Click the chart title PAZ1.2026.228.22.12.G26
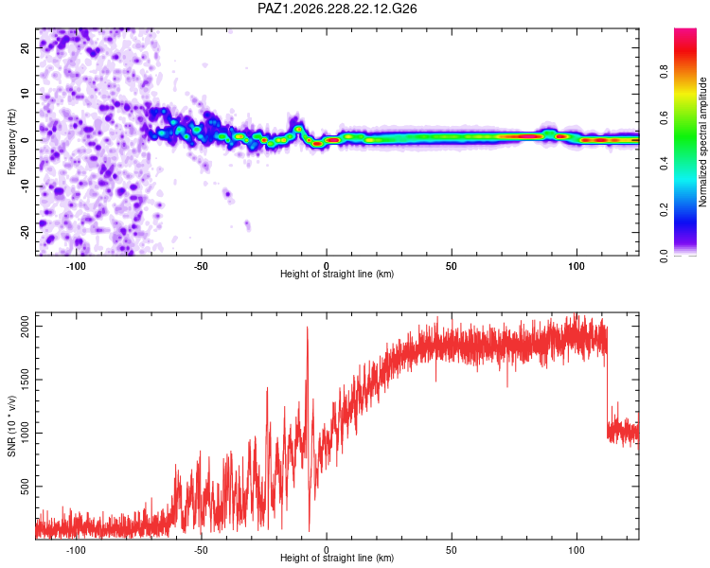pyautogui.click(x=337, y=9)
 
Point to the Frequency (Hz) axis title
pyautogui.click(x=11, y=142)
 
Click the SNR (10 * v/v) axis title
pyautogui.click(x=11, y=426)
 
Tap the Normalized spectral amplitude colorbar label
pyautogui.click(x=702, y=142)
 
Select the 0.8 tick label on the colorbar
pyautogui.click(x=664, y=71)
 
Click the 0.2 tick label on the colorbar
pyautogui.click(x=664, y=210)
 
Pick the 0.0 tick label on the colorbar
pyautogui.click(x=664, y=256)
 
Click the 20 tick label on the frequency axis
pyautogui.click(x=25, y=48)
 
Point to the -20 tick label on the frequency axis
pyautogui.click(x=25, y=232)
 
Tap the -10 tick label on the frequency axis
pyautogui.click(x=25, y=186)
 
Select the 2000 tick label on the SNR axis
pyautogui.click(x=25, y=326)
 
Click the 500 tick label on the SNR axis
pyautogui.click(x=25, y=487)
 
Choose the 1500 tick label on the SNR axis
pyautogui.click(x=25, y=380)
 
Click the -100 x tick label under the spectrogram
pyautogui.click(x=76, y=266)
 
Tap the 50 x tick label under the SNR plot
pyautogui.click(x=452, y=550)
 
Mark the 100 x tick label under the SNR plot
pyautogui.click(x=577, y=550)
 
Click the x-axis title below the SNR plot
pyautogui.click(x=337, y=558)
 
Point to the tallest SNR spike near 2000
pyautogui.click(x=308, y=327)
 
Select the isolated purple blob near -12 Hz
pyautogui.click(x=227, y=195)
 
